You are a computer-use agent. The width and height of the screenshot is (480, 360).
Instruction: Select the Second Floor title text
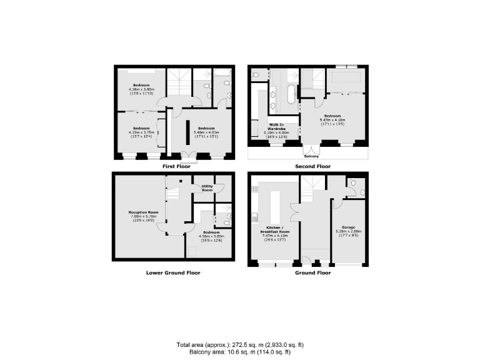click(312, 166)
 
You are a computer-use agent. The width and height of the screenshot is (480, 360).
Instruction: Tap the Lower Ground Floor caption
click(173, 272)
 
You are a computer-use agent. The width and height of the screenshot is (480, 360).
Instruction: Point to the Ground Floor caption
click(313, 272)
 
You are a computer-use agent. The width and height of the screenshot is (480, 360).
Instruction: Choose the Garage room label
click(348, 227)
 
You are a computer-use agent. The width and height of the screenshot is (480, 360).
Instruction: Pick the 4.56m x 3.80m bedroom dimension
click(211, 236)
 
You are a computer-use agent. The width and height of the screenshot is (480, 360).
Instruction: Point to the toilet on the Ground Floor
click(354, 183)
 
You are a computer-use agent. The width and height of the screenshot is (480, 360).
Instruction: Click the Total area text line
click(240, 344)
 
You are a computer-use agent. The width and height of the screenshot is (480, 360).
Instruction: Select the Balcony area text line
click(240, 351)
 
